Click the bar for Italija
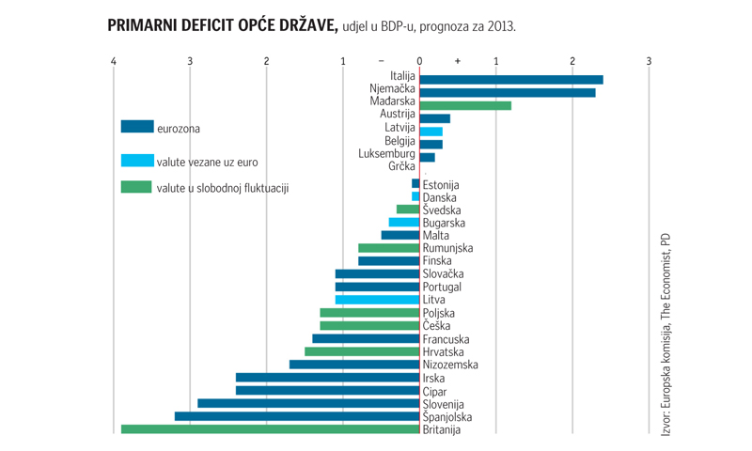click(511, 80)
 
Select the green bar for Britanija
click(271, 429)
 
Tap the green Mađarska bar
click(465, 105)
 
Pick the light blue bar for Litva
click(377, 300)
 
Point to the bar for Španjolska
click(297, 416)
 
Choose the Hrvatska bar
click(362, 351)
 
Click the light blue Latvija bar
click(431, 132)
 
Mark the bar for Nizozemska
click(354, 365)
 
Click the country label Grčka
click(401, 166)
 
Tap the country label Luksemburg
click(386, 153)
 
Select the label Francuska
click(446, 339)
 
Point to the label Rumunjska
click(448, 248)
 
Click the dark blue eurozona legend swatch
click(137, 127)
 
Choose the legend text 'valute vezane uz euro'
click(207, 162)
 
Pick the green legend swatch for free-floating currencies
click(137, 187)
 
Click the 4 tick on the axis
click(114, 62)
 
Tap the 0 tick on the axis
click(419, 62)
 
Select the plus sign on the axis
click(458, 62)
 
